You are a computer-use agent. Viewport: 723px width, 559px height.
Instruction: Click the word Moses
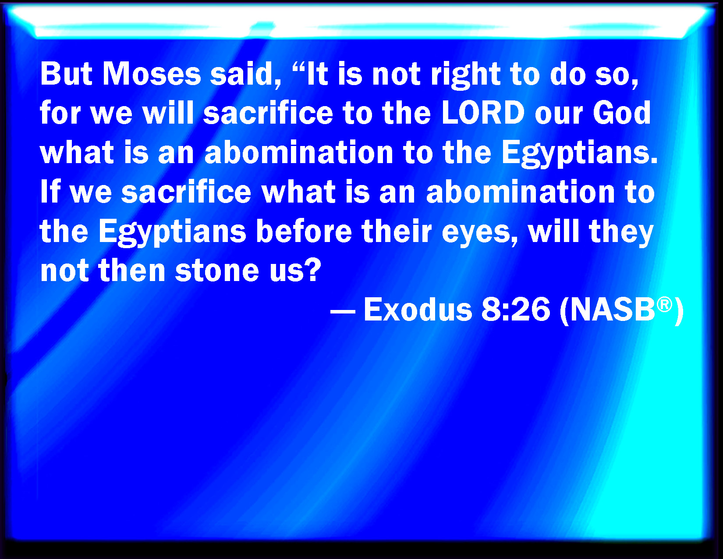click(152, 74)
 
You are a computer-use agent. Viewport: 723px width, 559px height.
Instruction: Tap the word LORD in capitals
click(483, 113)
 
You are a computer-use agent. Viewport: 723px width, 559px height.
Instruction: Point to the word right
click(465, 75)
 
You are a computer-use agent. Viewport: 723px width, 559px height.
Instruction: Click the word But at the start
click(66, 74)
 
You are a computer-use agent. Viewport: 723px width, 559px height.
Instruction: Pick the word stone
click(217, 271)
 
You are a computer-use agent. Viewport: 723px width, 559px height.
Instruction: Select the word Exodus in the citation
click(418, 310)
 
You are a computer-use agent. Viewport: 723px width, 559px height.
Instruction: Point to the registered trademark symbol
click(664, 304)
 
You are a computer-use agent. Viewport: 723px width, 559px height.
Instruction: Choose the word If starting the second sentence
click(50, 192)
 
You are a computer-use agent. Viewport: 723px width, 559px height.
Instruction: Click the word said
click(246, 74)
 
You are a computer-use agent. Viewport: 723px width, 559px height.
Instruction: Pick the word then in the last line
click(131, 270)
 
